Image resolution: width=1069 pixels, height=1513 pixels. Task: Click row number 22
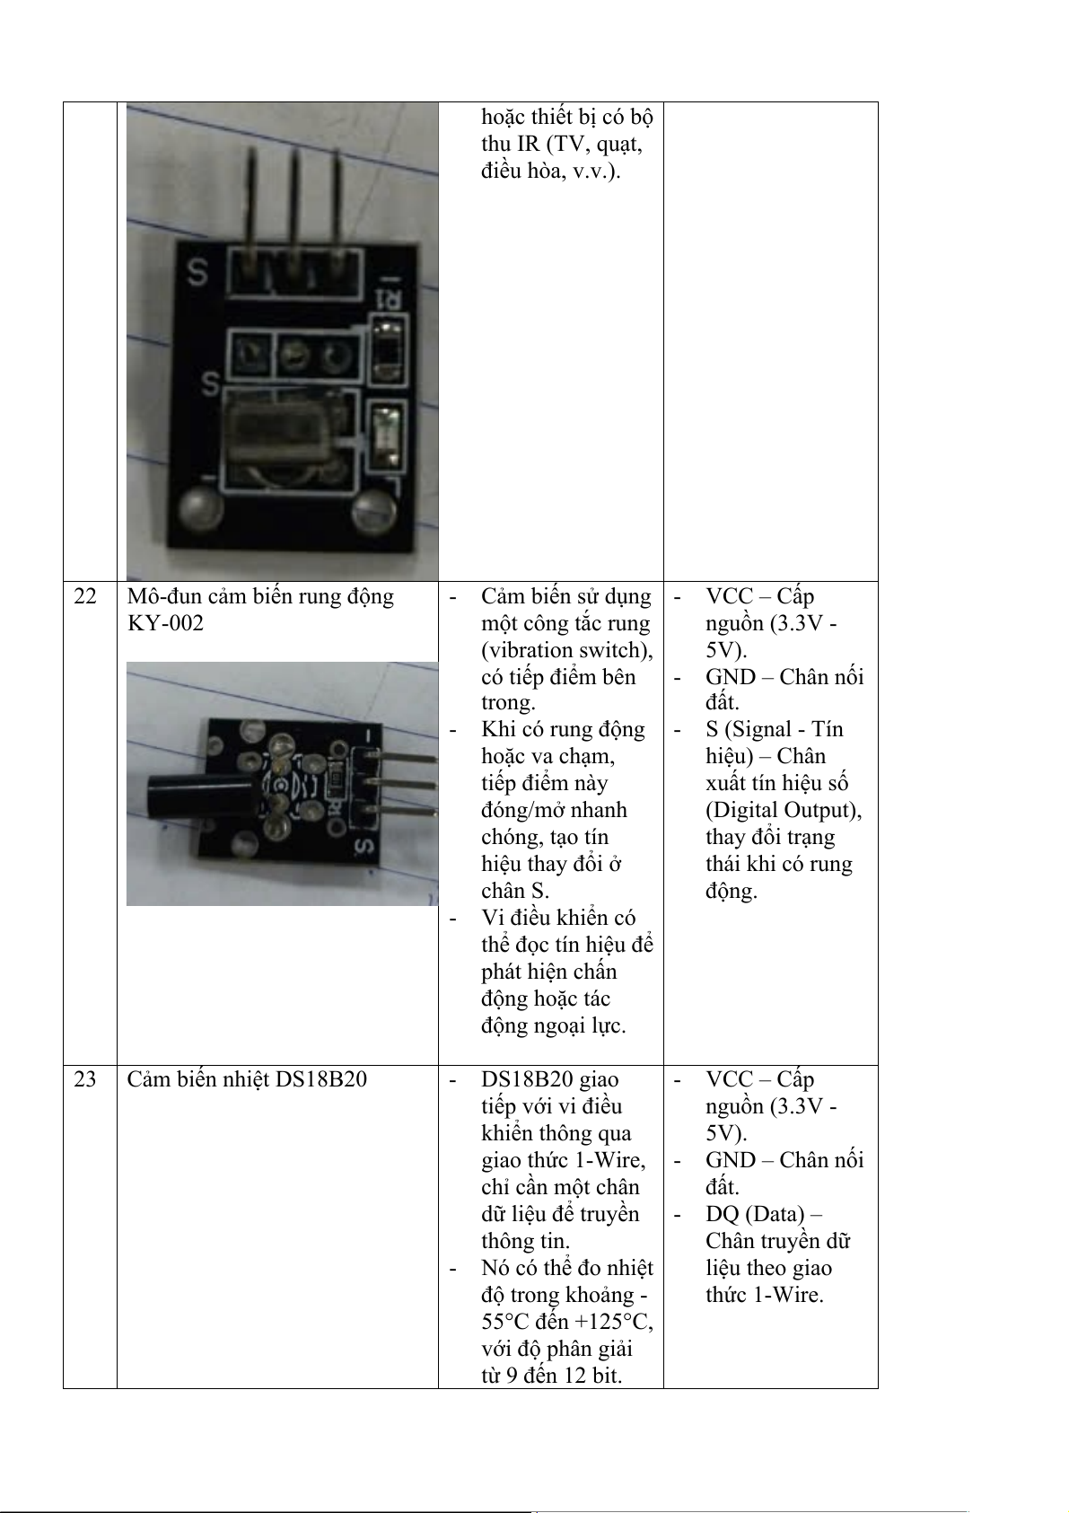[85, 597]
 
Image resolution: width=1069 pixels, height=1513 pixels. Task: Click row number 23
[85, 1080]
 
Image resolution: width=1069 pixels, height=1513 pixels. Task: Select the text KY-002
[165, 623]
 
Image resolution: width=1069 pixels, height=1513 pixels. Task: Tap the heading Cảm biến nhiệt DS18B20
[247, 1080]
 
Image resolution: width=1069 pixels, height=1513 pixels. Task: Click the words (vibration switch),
[567, 650]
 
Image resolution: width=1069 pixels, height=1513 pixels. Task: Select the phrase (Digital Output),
[784, 810]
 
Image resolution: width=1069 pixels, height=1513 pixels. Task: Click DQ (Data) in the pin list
[755, 1214]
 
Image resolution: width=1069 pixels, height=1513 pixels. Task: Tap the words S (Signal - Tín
[774, 729]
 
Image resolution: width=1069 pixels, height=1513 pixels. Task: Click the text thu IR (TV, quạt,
[562, 144]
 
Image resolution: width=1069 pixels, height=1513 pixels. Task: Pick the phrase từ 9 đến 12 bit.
[551, 1376]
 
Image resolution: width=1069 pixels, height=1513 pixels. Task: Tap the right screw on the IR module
[374, 514]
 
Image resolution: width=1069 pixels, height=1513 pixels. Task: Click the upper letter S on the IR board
[197, 273]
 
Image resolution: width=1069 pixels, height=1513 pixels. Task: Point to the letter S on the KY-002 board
[364, 847]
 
